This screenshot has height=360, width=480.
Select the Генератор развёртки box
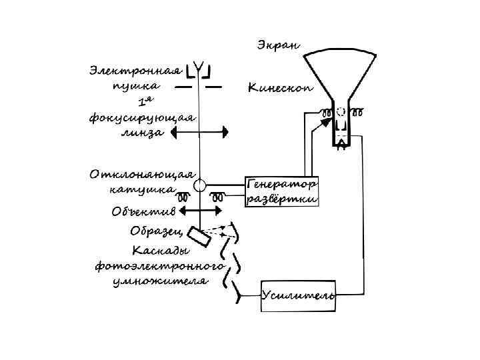tap(282, 191)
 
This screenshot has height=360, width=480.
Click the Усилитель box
tap(297, 295)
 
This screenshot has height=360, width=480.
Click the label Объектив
tap(143, 212)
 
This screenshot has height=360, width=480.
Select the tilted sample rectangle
tap(197, 237)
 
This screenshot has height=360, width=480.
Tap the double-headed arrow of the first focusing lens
tap(199, 133)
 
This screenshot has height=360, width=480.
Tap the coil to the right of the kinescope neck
tap(360, 111)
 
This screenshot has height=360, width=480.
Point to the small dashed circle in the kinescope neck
tap(341, 111)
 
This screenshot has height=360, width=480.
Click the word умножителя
tap(160, 281)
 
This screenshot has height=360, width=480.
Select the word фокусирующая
tap(142, 118)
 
